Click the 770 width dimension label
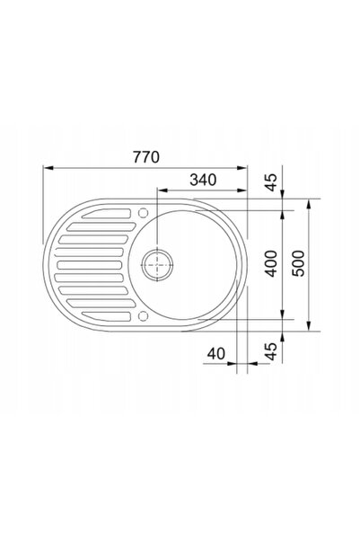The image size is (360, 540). tap(146, 157)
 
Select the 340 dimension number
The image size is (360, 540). tap(203, 180)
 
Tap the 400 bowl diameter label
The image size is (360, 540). tap(272, 264)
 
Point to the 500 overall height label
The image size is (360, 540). tap(298, 264)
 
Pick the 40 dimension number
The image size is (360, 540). tap(216, 353)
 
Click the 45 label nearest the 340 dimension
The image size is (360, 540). tap(272, 182)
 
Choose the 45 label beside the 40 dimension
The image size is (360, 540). tap(272, 351)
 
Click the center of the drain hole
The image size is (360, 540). tap(158, 264)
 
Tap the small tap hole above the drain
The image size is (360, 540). tap(143, 213)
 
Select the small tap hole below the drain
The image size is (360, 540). tap(143, 315)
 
